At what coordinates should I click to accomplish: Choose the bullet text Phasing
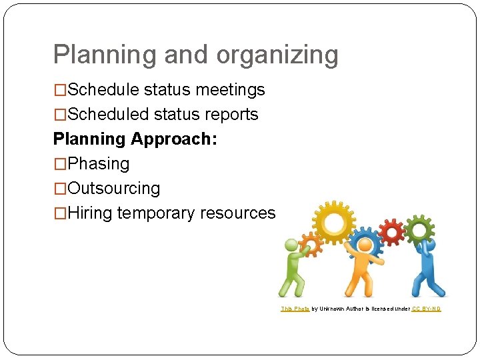[x=99, y=164]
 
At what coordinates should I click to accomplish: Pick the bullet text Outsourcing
[x=114, y=189]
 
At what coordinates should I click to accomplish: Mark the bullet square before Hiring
[x=60, y=213]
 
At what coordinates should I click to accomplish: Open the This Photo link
[x=295, y=309]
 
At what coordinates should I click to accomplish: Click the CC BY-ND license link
[x=426, y=309]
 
